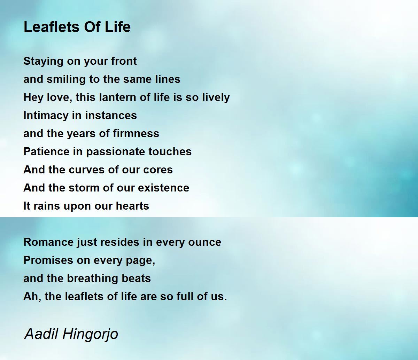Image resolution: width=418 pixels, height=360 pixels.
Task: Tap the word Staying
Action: coord(43,61)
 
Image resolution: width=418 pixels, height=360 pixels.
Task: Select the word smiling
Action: coord(66,79)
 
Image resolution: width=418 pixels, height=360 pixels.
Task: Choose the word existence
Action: coord(164,188)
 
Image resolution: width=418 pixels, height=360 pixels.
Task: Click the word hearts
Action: coord(132,206)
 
